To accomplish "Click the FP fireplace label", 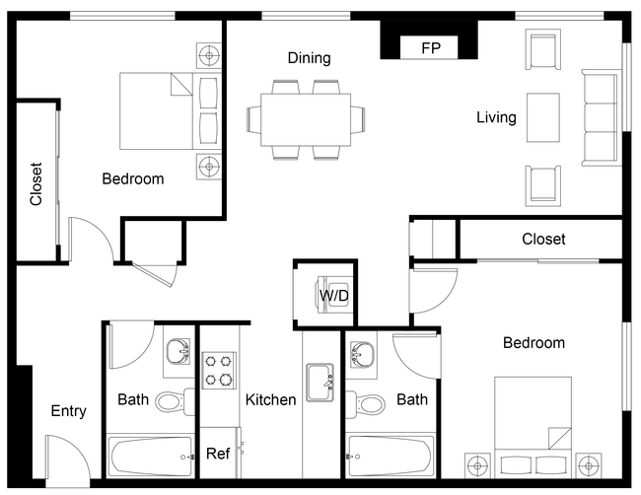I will pos(430,47).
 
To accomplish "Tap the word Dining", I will pos(309,58).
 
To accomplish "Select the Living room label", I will pos(496,117).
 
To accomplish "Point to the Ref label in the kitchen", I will pos(218,455).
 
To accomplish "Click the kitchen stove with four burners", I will pos(219,370).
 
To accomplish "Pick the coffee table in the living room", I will pos(542,117).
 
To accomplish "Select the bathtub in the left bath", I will pos(151,457).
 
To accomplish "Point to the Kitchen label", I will pos(270,399).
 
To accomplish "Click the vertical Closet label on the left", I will pos(36,183).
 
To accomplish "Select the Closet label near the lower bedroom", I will pos(543,239).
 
